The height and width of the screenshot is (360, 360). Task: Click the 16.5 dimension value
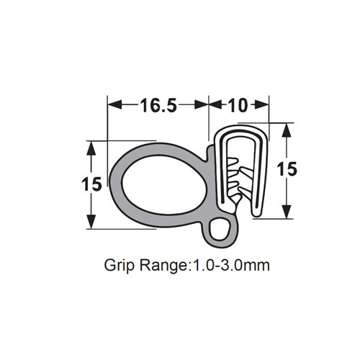[x=158, y=105]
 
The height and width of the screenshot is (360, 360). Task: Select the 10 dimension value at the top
[x=238, y=105]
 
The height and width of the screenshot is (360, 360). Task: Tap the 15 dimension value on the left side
[x=91, y=184]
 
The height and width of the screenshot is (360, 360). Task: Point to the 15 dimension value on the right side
[x=287, y=169]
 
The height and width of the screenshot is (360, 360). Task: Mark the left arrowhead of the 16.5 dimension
[x=113, y=105]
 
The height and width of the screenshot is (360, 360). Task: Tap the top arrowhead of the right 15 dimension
[x=287, y=129]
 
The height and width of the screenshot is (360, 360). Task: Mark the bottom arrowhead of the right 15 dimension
[x=287, y=212]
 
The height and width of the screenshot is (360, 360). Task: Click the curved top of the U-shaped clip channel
[x=243, y=130]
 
